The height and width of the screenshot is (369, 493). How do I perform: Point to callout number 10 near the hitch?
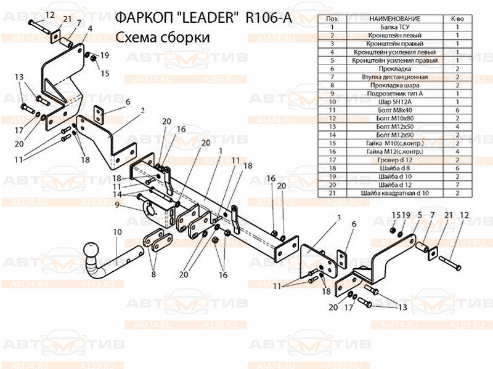[117, 232]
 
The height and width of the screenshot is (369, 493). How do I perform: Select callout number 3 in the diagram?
[338, 218]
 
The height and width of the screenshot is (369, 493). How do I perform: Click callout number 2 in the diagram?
[142, 111]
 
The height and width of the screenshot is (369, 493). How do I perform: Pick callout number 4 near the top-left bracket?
[90, 28]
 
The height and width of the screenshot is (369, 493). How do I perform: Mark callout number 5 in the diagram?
[420, 215]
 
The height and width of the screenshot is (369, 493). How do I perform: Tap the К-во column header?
[457, 20]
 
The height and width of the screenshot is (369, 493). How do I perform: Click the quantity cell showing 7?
[457, 184]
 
